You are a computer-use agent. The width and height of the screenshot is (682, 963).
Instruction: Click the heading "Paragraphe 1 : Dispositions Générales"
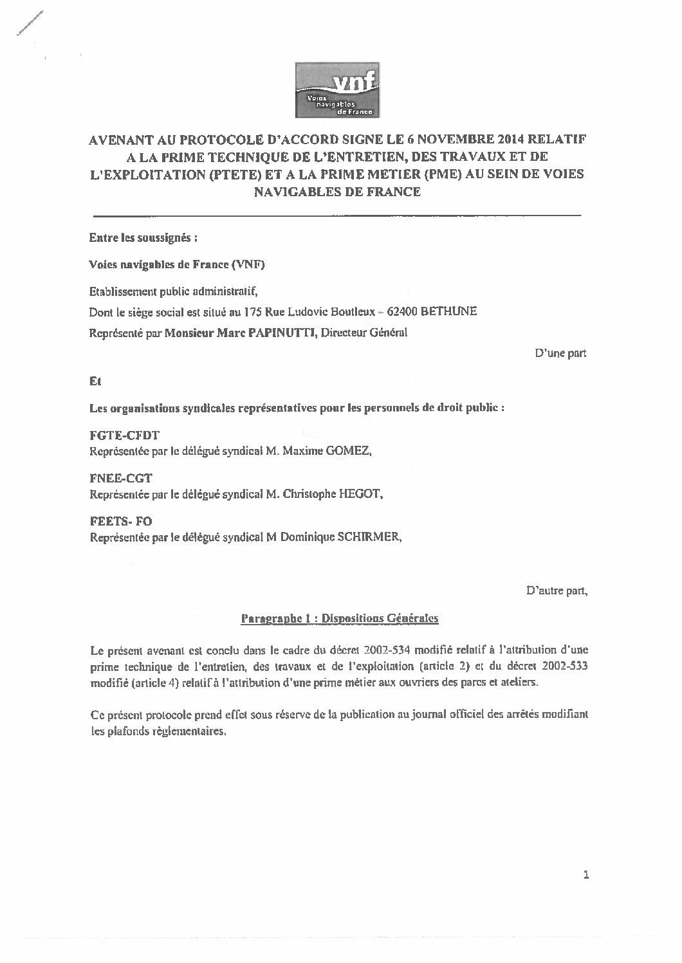339,619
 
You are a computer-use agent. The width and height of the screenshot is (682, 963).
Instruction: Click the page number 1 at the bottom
585,875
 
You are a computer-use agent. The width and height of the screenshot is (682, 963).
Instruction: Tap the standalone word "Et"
95,381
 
